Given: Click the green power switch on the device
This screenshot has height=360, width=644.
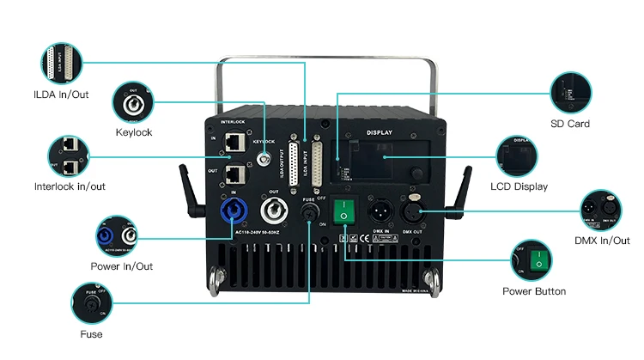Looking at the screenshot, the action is click(344, 210).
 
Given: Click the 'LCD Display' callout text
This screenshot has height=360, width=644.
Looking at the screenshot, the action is click(519, 186).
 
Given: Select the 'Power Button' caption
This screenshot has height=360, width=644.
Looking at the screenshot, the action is click(534, 291).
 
